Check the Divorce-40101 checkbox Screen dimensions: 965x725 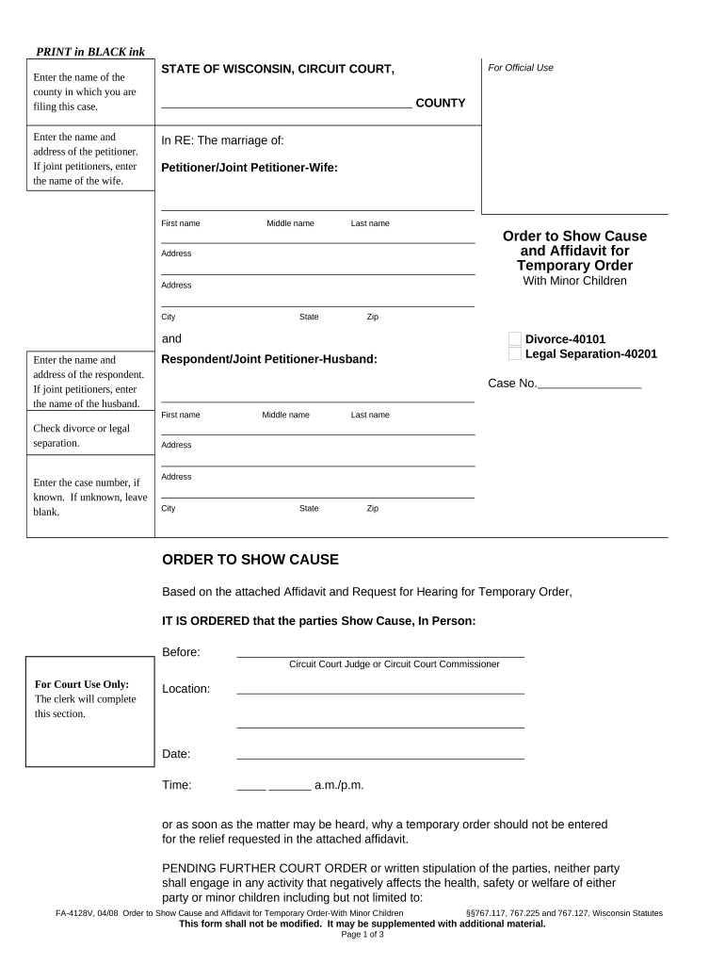514,339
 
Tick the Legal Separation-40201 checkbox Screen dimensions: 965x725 514,354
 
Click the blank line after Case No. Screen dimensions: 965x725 588,385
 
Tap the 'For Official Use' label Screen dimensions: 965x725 521,68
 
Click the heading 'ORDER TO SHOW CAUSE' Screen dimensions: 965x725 250,560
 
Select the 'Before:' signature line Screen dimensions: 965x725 379,652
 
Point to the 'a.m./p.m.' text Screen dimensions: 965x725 339,785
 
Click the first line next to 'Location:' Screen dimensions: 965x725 379,690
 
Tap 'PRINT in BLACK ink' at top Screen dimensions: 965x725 90,51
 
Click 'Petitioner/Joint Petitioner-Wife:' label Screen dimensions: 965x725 250,168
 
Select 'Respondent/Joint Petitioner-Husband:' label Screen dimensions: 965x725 270,359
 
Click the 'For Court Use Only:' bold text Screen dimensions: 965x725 82,684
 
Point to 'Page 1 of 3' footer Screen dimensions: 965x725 362,934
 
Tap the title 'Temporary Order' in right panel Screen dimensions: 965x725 574,266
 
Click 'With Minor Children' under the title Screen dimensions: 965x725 574,281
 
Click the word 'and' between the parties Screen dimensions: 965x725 172,339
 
